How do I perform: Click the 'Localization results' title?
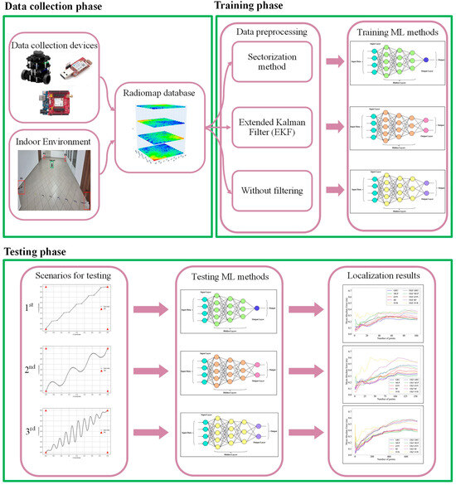(x=386, y=274)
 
